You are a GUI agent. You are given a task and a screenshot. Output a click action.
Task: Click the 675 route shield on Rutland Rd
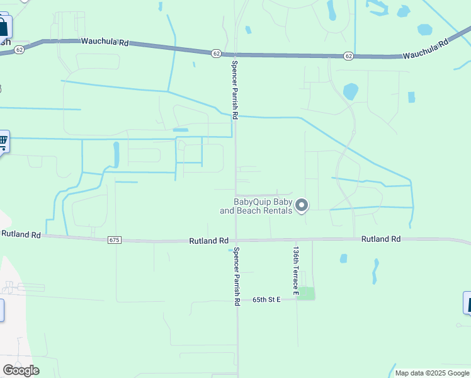click(114, 240)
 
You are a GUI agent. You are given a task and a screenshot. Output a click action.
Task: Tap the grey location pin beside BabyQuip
click(302, 205)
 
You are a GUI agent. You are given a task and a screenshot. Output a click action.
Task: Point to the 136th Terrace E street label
click(295, 270)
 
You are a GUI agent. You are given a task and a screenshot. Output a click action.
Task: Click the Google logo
click(21, 370)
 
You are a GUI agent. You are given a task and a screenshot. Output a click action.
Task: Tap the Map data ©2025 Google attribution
click(431, 373)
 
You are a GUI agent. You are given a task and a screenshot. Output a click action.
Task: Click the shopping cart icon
click(3, 140)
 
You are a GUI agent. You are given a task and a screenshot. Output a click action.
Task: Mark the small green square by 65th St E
click(306, 293)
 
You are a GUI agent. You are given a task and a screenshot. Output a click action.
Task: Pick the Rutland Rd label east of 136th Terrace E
click(381, 239)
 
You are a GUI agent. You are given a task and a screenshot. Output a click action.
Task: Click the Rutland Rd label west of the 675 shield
click(21, 234)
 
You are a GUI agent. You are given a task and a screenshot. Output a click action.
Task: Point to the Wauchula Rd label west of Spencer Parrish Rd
click(105, 42)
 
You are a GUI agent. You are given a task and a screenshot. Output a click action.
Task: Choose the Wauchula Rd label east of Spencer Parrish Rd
click(426, 50)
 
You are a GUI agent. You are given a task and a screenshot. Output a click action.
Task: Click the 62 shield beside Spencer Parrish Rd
click(216, 54)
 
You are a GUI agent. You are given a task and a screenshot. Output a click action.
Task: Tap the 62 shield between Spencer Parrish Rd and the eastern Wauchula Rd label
click(349, 56)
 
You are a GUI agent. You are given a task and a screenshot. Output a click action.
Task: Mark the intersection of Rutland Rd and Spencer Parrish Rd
click(236, 240)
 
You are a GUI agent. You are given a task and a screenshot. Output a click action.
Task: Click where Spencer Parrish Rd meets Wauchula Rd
click(235, 54)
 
